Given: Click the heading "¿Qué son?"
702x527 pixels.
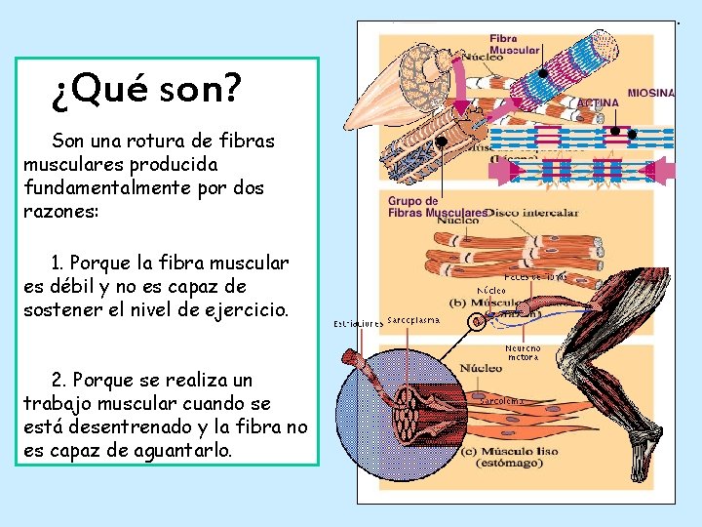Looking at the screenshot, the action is click(145, 91).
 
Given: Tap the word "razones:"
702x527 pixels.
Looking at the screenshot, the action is click(60, 210).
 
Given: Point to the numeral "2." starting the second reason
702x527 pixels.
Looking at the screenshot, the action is click(59, 380).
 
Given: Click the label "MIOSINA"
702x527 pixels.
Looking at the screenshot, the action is click(650, 93).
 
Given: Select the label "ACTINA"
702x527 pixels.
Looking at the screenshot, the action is click(598, 101).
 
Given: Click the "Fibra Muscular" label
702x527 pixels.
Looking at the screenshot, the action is click(515, 44).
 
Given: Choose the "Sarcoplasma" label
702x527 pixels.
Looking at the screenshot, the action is click(413, 319).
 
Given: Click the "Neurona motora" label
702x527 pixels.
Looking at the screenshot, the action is click(524, 352).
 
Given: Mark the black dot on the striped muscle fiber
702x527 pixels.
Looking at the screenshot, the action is click(543, 73).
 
